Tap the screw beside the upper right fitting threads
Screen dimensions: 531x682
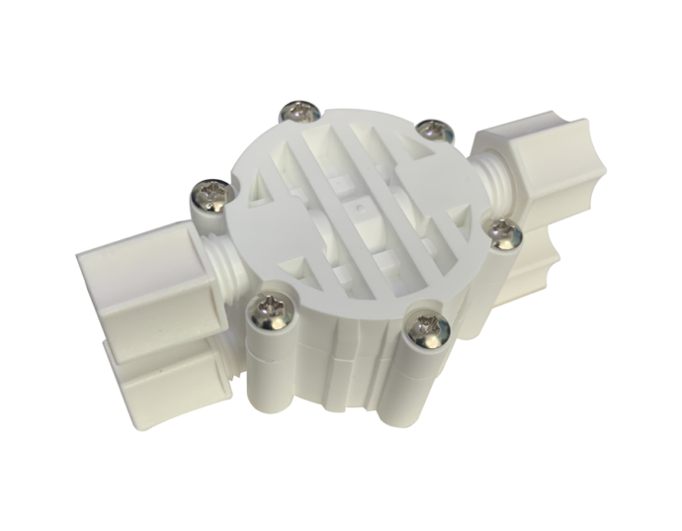pyautogui.click(x=432, y=130)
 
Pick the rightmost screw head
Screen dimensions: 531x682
pyautogui.click(x=506, y=233)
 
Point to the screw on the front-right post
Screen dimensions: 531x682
pyautogui.click(x=428, y=327)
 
